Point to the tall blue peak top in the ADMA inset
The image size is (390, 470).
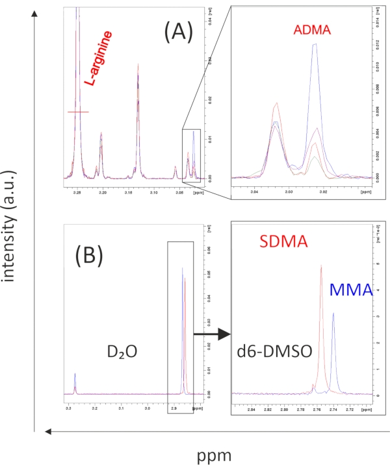coord(315,44)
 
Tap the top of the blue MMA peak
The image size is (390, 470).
coord(333,313)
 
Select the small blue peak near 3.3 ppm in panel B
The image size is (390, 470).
coord(75,374)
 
